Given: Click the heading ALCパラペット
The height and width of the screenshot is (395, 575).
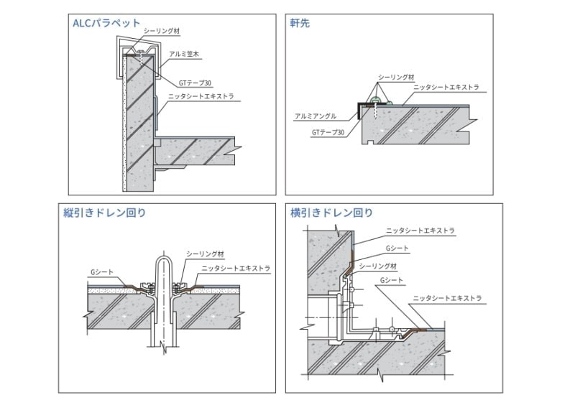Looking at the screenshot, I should coord(106,23).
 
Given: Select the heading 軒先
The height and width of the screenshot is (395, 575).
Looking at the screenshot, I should coord(300,23).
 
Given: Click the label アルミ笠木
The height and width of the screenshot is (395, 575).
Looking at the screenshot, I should coord(183,54).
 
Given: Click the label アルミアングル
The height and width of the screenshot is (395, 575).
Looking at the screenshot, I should coord(316,116).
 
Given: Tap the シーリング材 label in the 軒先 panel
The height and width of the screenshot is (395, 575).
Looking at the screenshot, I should coord(397,76).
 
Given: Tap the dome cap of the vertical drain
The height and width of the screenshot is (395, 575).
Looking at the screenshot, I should coord(164,263).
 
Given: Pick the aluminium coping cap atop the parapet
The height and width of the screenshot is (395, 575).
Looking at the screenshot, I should coord(133,45).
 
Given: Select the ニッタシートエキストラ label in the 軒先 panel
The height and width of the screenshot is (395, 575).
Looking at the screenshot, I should coord(446,88).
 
